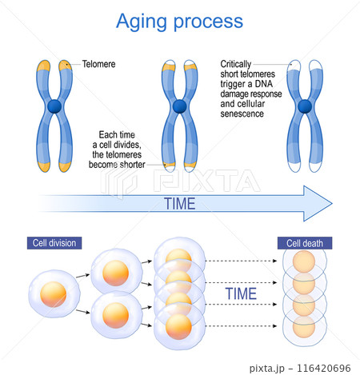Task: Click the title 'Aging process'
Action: pyautogui.click(x=179, y=20)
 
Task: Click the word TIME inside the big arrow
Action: pyautogui.click(x=179, y=203)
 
